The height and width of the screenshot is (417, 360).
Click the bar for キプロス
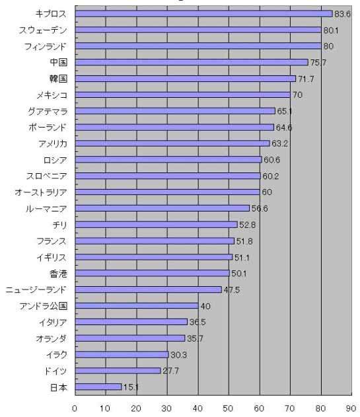[x=203, y=14]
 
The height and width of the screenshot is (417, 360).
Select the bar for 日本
[x=98, y=387]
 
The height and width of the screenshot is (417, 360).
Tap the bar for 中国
[x=192, y=62]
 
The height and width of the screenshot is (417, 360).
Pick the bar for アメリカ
[x=172, y=143]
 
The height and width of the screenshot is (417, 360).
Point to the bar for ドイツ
[x=118, y=371]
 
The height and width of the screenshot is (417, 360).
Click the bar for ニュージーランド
[x=149, y=289]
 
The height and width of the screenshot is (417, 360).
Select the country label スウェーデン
[x=42, y=30]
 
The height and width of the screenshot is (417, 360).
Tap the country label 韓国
[x=58, y=79]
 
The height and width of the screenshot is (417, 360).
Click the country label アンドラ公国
[x=43, y=306]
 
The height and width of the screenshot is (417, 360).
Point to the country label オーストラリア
[x=41, y=192]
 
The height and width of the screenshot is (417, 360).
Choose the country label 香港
[x=58, y=274]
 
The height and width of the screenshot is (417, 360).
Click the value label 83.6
[x=342, y=14]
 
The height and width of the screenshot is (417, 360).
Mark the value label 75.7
[x=318, y=63]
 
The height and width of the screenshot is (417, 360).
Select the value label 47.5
[x=232, y=289]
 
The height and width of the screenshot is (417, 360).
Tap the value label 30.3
[x=178, y=355]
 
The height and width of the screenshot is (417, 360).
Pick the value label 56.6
[x=260, y=209]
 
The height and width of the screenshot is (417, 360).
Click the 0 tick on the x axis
[x=75, y=408]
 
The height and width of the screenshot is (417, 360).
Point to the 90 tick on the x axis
[x=351, y=408]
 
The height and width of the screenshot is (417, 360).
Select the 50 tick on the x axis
[x=228, y=408]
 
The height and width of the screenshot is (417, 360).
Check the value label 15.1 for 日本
[x=131, y=387]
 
